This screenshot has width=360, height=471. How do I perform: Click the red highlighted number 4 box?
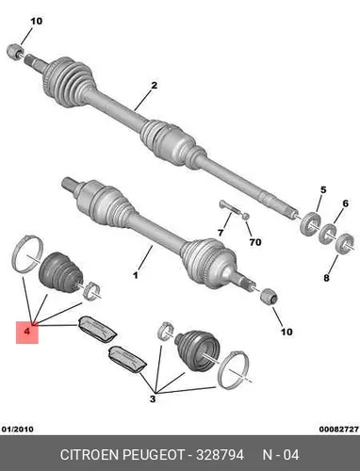pos(27,333)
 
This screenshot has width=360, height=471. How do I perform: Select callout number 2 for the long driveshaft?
pos(154,86)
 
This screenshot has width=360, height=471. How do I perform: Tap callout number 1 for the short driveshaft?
pos(136,276)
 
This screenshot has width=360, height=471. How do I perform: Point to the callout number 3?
pos(153,399)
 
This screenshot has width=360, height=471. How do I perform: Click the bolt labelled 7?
pos(230,208)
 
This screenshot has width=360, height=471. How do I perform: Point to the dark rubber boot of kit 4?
pos(60,272)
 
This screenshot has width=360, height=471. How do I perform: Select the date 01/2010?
pos(18,429)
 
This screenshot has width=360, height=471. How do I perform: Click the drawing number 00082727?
pos(339,429)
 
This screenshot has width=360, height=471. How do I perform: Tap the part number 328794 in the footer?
pos(220,455)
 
